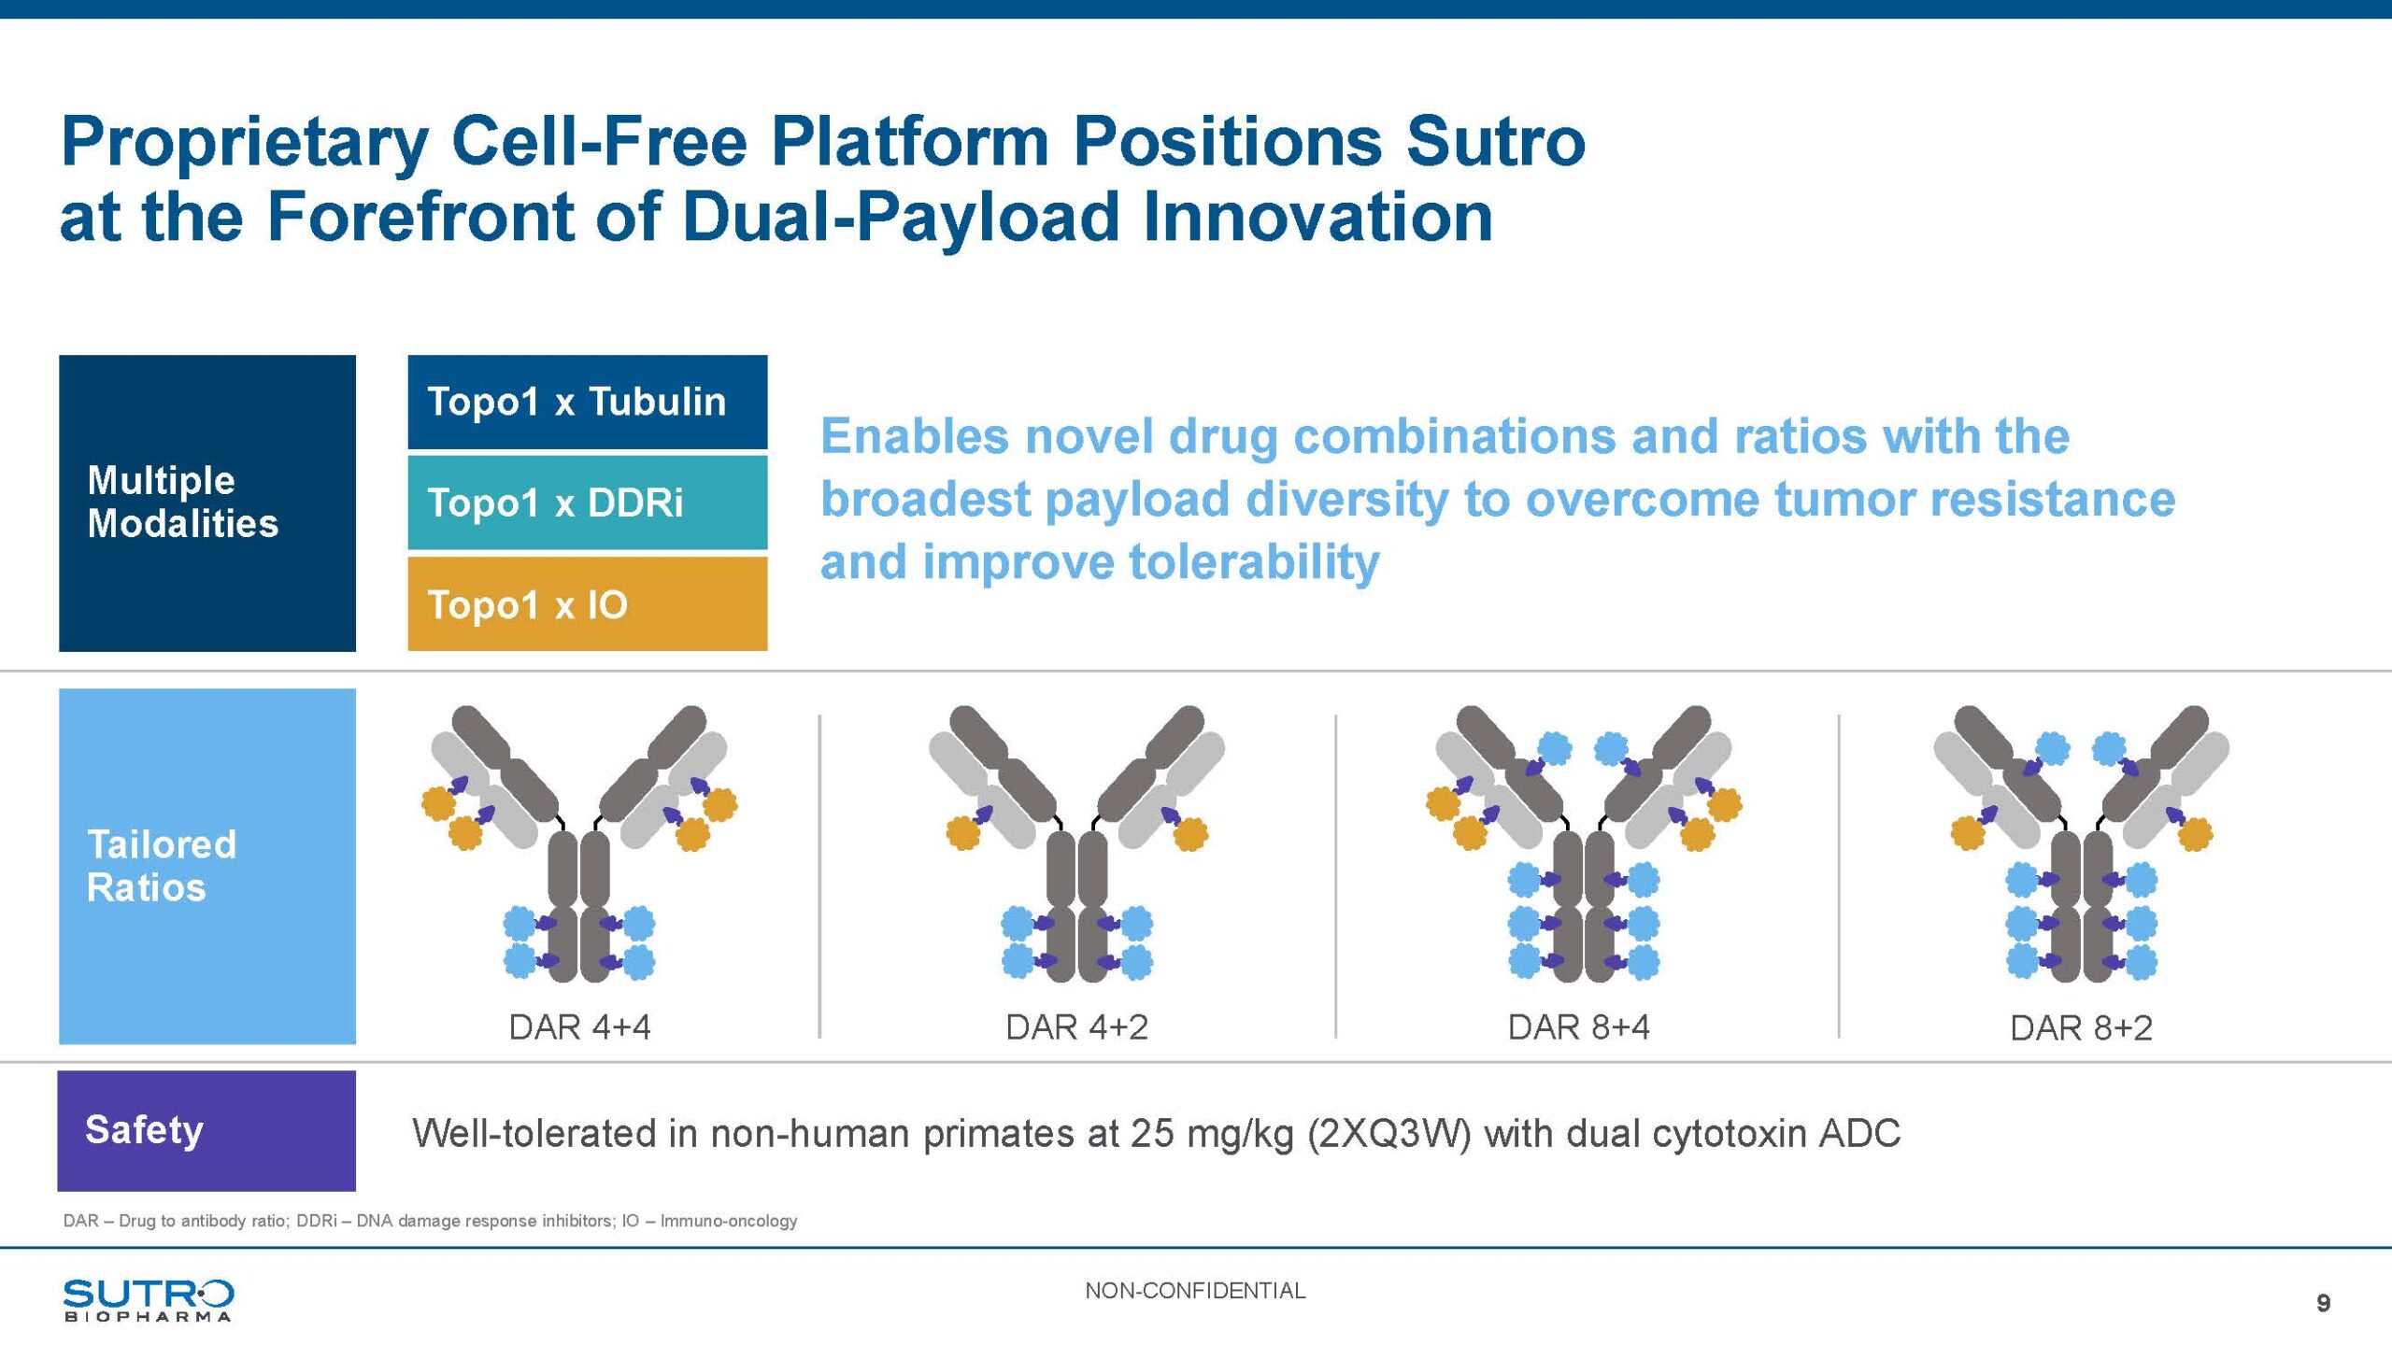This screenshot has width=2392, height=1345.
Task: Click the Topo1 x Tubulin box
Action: [x=588, y=402]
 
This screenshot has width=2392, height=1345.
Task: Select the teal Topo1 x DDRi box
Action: [x=588, y=503]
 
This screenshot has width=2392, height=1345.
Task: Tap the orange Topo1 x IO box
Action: [x=588, y=603]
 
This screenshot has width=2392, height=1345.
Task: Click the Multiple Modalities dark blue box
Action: [x=207, y=503]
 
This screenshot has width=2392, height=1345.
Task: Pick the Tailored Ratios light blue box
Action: [x=207, y=866]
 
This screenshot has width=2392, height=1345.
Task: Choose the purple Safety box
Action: [x=206, y=1130]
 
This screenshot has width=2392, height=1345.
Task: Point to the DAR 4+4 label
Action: [x=579, y=1027]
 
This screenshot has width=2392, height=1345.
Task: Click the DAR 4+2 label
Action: [x=1076, y=1027]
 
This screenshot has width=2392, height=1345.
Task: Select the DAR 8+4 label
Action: [x=1579, y=1027]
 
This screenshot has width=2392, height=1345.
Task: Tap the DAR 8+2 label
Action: [x=2081, y=1028]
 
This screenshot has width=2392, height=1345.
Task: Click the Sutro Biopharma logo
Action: [x=149, y=1300]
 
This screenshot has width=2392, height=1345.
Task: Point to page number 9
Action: [x=2324, y=1303]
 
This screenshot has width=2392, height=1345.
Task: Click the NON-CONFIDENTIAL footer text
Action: [x=1195, y=1291]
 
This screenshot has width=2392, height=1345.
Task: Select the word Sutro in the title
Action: [x=1495, y=142]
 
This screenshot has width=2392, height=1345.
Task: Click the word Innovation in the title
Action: [x=1317, y=217]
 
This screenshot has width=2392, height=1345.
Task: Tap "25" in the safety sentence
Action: [x=1152, y=1133]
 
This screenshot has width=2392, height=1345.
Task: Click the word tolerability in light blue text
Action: [x=1254, y=562]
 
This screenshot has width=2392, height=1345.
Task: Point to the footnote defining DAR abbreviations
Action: [x=430, y=1221]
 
